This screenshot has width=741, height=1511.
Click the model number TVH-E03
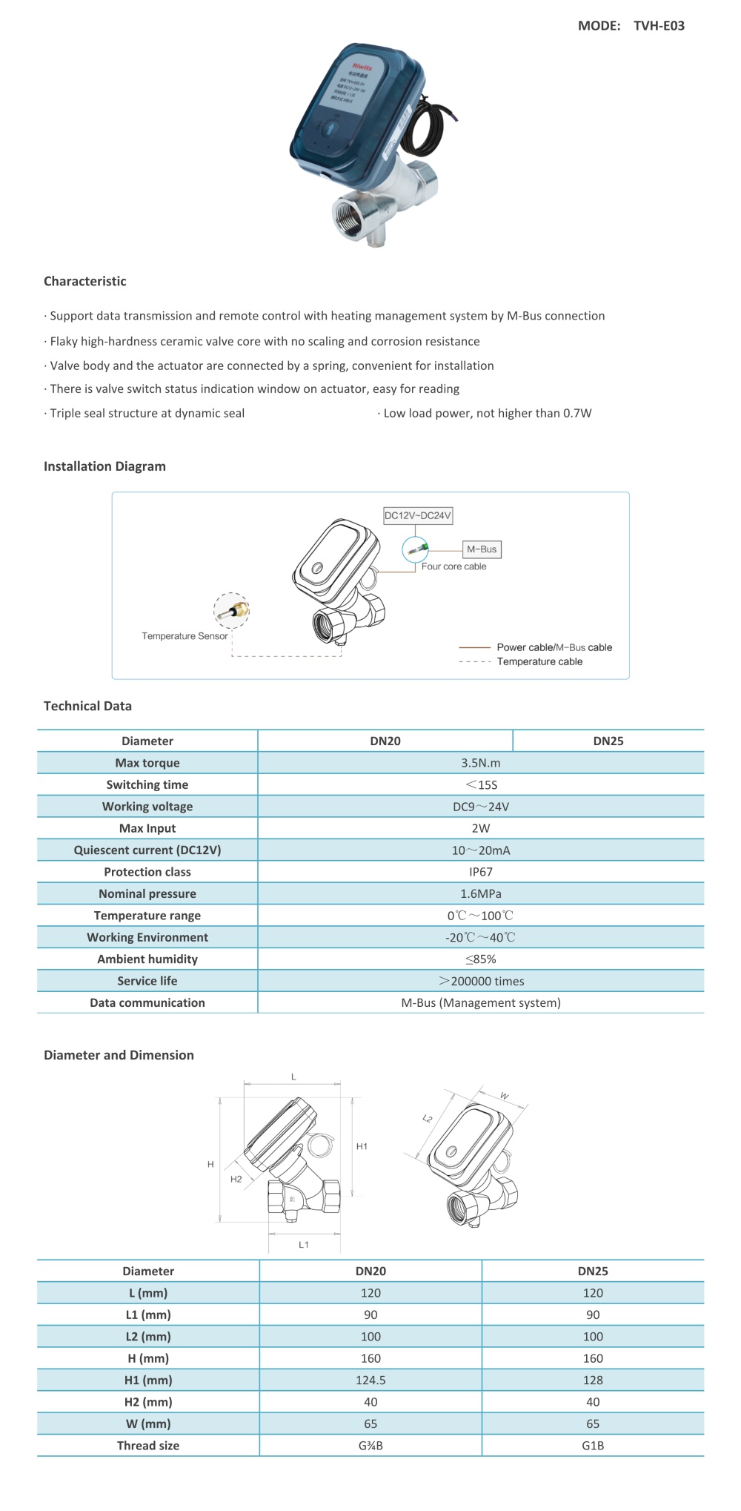659,26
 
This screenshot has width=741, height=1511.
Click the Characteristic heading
84,281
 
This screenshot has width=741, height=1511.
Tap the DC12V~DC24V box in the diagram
417,515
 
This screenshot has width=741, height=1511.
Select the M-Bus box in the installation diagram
482,549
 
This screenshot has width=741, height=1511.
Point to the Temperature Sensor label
185,636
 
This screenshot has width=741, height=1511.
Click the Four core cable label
453,566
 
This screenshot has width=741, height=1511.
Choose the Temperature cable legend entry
539,661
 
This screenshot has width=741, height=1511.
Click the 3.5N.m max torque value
480,763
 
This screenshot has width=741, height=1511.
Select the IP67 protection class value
480,872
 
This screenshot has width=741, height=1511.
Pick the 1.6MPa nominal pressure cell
480,893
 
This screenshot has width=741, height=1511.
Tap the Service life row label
147,981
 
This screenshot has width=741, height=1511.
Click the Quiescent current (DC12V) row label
147,850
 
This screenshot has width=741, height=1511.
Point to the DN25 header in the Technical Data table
608,741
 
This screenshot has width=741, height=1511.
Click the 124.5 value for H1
370,1380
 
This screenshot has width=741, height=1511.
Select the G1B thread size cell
593,1445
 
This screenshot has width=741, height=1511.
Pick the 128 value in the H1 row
593,1380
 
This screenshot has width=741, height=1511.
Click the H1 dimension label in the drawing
362,1146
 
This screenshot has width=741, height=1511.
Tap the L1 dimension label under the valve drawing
304,1244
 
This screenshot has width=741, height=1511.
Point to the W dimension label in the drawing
505,1095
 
